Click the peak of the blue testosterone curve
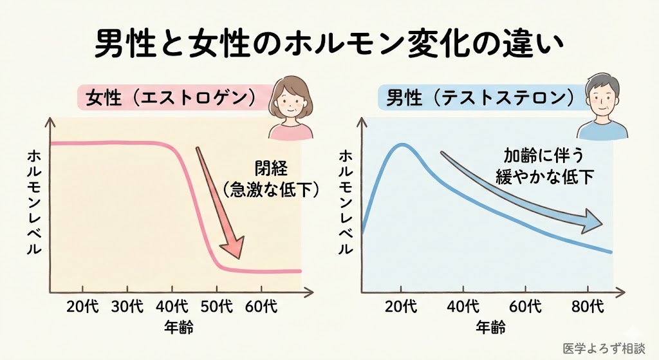pos(401,145)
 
